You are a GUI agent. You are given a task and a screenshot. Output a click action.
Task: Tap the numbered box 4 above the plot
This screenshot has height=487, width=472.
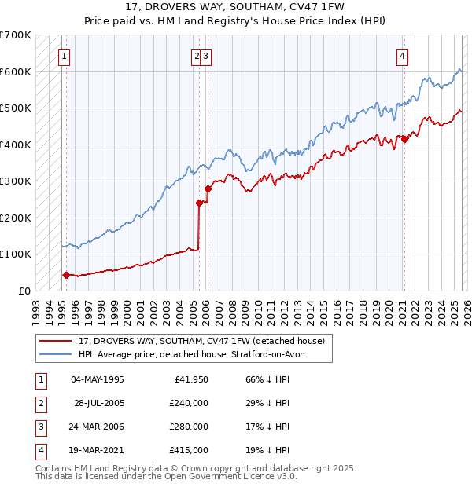click(402, 56)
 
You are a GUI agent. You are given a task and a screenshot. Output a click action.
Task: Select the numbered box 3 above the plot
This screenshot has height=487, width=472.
click(205, 56)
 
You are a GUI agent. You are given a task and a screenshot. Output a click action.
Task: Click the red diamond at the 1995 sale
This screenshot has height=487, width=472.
click(66, 275)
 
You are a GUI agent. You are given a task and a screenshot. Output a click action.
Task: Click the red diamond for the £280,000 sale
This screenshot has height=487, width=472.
click(208, 189)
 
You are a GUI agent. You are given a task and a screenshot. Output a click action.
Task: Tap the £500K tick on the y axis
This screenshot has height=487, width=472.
click(16, 108)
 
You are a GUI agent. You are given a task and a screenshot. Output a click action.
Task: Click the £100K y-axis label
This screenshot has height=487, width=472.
click(16, 254)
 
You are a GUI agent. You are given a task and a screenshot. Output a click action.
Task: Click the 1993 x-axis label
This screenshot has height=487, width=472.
click(36, 306)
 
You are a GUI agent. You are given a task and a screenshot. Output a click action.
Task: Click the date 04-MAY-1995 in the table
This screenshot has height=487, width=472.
click(98, 379)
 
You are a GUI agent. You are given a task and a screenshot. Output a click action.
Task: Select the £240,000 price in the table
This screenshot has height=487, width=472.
click(188, 403)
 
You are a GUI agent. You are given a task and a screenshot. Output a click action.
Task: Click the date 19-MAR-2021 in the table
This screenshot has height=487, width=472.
click(98, 450)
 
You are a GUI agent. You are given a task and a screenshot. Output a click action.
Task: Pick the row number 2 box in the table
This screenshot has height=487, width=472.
click(40, 403)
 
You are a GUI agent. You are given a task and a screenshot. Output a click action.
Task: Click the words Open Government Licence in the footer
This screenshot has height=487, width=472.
click(232, 476)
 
